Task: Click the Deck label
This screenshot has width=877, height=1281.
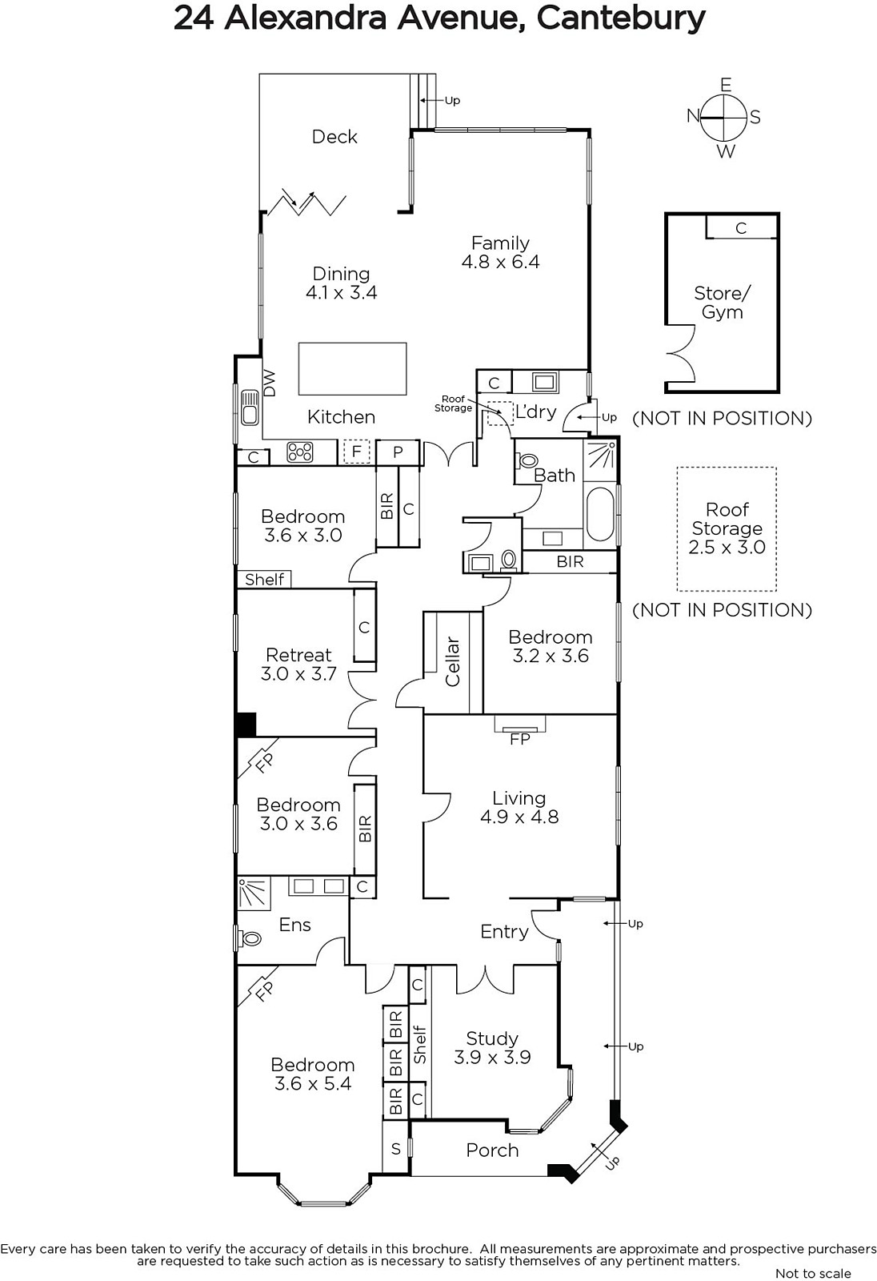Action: (x=334, y=137)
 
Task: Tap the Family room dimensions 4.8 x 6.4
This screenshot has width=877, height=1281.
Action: (x=500, y=262)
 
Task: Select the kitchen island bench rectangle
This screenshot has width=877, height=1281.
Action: (x=352, y=369)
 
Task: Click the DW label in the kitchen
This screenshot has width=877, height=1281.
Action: (x=269, y=383)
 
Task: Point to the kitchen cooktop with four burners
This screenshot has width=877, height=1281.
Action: (x=299, y=452)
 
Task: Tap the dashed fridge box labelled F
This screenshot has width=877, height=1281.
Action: (x=356, y=452)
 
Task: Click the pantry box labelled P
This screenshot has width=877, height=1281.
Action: (x=398, y=452)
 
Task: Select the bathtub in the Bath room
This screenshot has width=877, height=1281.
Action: (x=599, y=513)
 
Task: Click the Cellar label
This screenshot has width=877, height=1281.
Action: (x=452, y=661)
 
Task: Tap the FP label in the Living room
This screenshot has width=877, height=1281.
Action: (x=519, y=739)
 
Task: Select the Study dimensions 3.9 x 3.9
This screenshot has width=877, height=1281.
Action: (x=492, y=1058)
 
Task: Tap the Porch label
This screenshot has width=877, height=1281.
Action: (x=492, y=1150)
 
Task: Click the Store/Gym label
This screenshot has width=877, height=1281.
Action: (x=722, y=303)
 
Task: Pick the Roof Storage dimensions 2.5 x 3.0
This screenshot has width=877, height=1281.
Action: (x=727, y=548)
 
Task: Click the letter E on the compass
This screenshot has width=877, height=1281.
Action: (x=726, y=85)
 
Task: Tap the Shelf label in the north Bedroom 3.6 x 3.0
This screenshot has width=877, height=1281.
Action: (x=264, y=580)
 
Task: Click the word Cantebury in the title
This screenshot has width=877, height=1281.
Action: (x=621, y=18)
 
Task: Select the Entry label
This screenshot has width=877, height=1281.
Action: (x=504, y=932)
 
